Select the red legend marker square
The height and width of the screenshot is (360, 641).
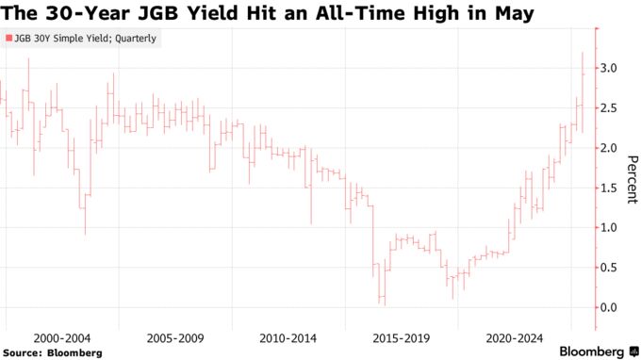pos(8,39)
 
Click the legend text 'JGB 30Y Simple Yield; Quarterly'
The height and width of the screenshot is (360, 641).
pos(86,39)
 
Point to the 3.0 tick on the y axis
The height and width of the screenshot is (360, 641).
pos(610,69)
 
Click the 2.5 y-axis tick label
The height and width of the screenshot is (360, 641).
pos(610,108)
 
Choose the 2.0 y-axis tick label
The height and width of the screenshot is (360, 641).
pos(610,148)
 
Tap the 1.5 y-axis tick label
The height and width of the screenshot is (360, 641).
pos(610,188)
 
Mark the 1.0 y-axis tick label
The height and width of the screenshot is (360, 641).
pos(610,228)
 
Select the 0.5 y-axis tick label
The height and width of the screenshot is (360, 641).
pos(610,268)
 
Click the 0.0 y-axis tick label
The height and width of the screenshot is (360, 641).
pos(610,307)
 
